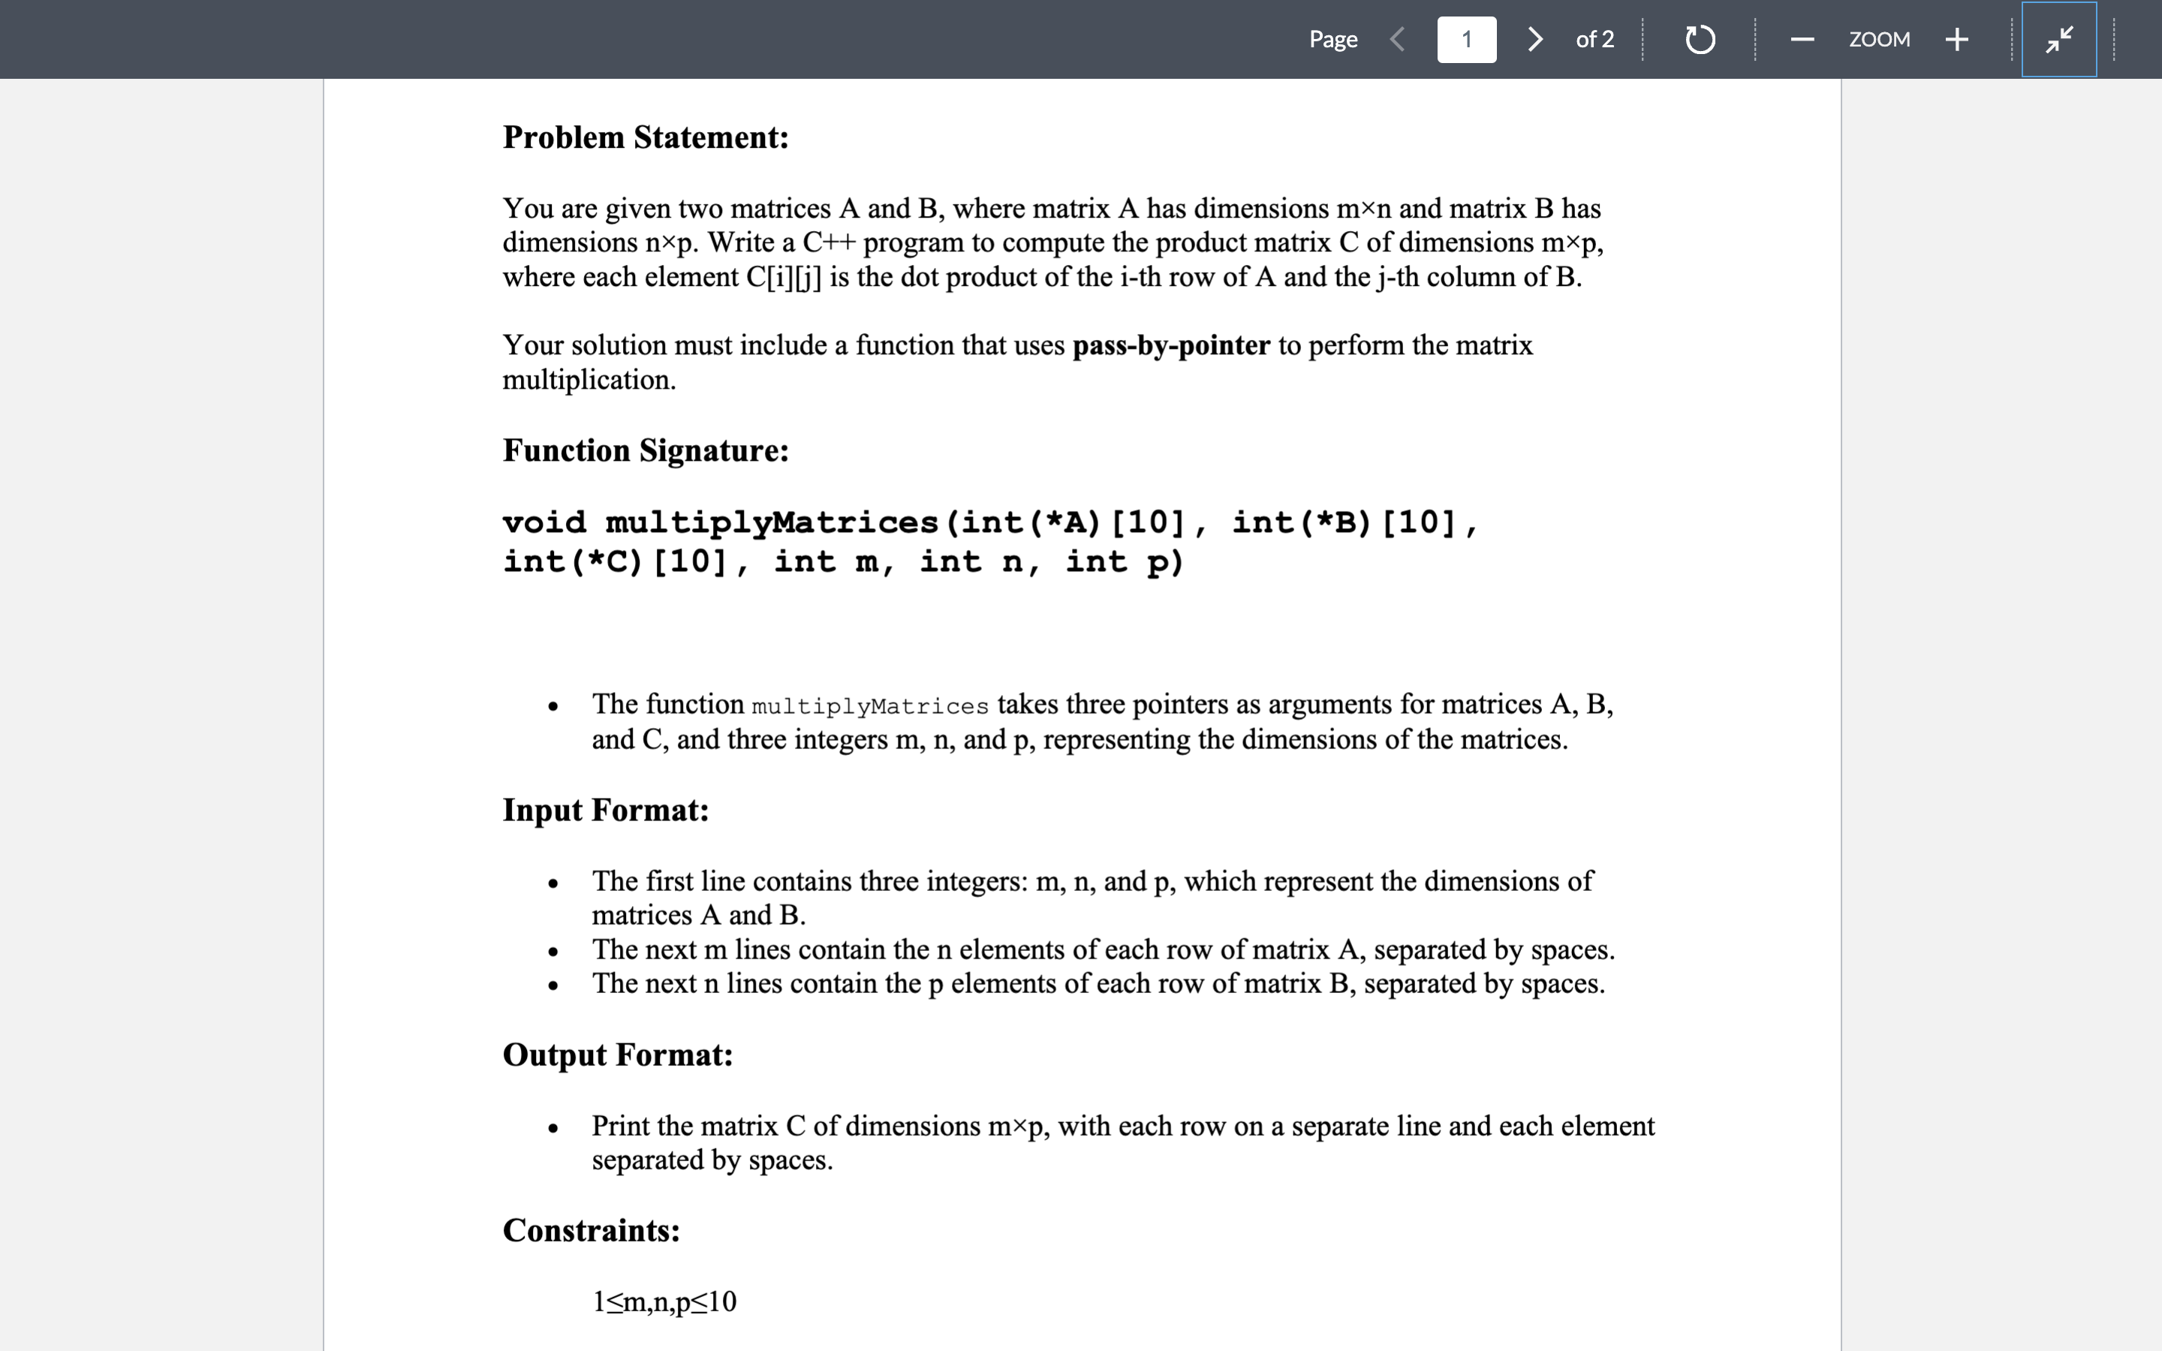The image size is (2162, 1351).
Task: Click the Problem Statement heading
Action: tap(645, 137)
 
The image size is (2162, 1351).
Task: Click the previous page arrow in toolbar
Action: tap(1398, 39)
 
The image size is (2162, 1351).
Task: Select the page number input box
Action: tap(1466, 39)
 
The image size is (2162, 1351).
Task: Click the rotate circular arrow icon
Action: tap(1700, 39)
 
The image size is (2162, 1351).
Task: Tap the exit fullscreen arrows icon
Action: tap(2058, 39)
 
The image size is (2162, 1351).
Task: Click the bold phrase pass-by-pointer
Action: tap(1170, 345)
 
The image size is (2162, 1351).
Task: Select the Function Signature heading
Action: tap(645, 450)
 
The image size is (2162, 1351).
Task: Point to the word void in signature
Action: tap(544, 522)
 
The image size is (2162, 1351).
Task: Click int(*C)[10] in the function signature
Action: tap(615, 562)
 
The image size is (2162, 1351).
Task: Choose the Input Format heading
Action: tap(605, 810)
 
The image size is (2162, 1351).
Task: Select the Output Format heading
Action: tap(617, 1055)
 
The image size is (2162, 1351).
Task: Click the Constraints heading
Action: tap(591, 1230)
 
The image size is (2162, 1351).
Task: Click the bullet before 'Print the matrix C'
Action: tap(553, 1127)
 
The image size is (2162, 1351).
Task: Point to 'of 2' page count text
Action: tap(1594, 39)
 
